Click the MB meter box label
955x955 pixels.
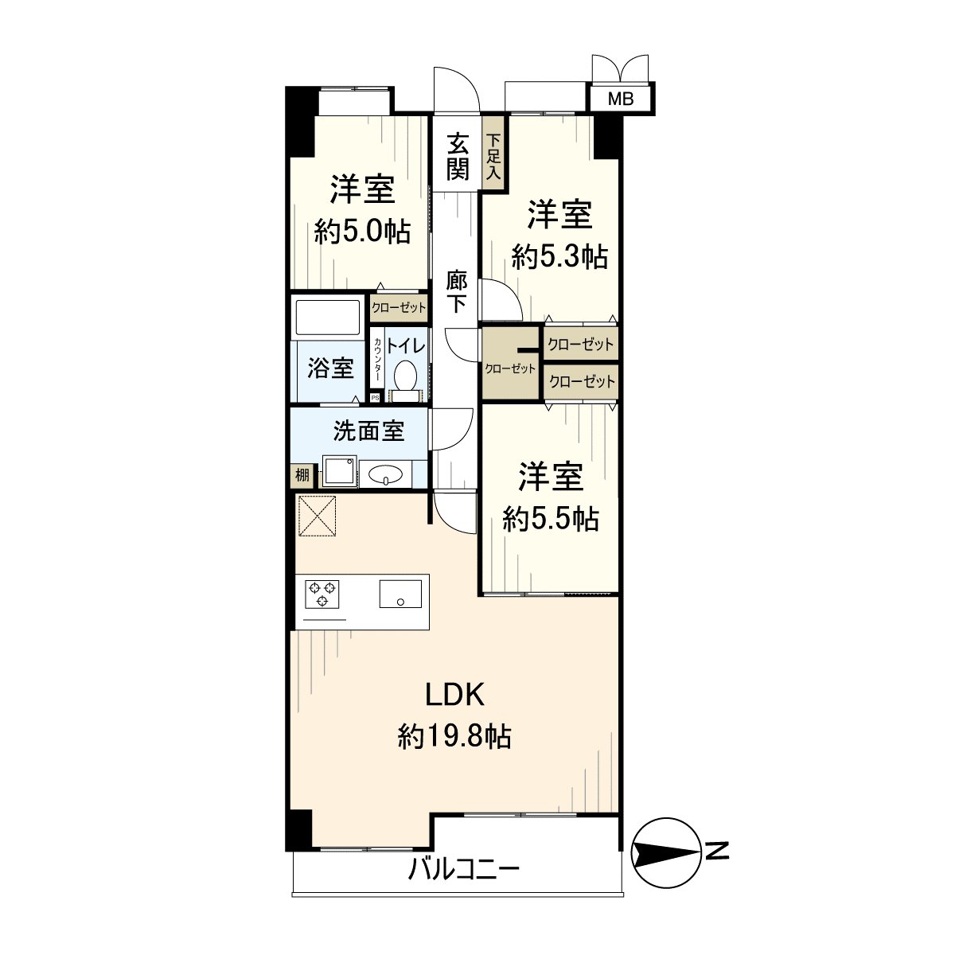(621, 99)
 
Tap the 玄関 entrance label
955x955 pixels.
(457, 157)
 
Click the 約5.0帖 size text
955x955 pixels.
(362, 232)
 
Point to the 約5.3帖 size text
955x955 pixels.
(559, 256)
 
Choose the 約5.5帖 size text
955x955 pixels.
(551, 519)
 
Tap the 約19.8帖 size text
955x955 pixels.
(454, 736)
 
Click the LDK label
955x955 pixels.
(454, 696)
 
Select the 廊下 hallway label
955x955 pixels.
(456, 293)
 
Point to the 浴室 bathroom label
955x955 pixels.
(330, 368)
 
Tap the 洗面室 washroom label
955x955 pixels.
(368, 431)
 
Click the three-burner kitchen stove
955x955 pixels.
(322, 593)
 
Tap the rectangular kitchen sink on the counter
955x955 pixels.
(400, 593)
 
